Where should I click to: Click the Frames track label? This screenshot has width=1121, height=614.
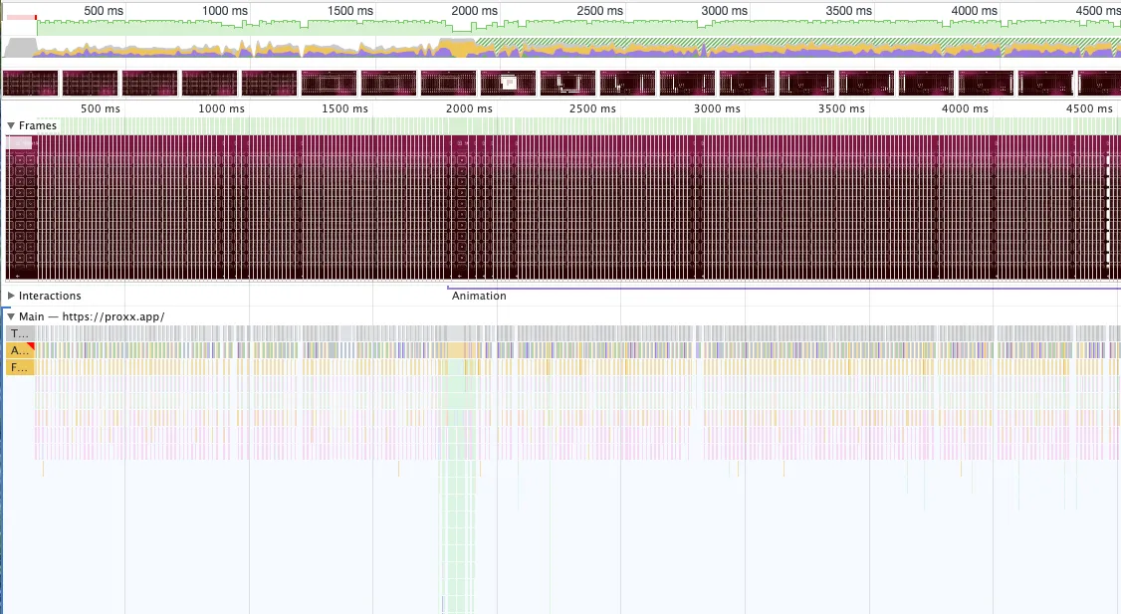(38, 125)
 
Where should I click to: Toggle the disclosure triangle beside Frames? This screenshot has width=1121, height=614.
(11, 125)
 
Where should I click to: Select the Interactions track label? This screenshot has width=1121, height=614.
(50, 296)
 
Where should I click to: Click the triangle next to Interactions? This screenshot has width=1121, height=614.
(11, 296)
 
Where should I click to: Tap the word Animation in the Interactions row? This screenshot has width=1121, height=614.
(479, 296)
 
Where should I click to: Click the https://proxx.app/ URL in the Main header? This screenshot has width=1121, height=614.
(113, 316)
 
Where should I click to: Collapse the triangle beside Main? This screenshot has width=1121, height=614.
(11, 316)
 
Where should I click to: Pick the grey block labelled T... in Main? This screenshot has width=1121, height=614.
(19, 333)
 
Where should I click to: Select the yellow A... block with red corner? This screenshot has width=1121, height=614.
(20, 350)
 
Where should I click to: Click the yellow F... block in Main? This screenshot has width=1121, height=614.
(19, 367)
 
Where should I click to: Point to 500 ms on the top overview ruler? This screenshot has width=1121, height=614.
(104, 10)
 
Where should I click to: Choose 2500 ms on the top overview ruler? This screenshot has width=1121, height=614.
(599, 10)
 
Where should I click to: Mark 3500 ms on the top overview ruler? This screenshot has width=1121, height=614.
(847, 10)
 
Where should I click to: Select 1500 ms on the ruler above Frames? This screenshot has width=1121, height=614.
(344, 108)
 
